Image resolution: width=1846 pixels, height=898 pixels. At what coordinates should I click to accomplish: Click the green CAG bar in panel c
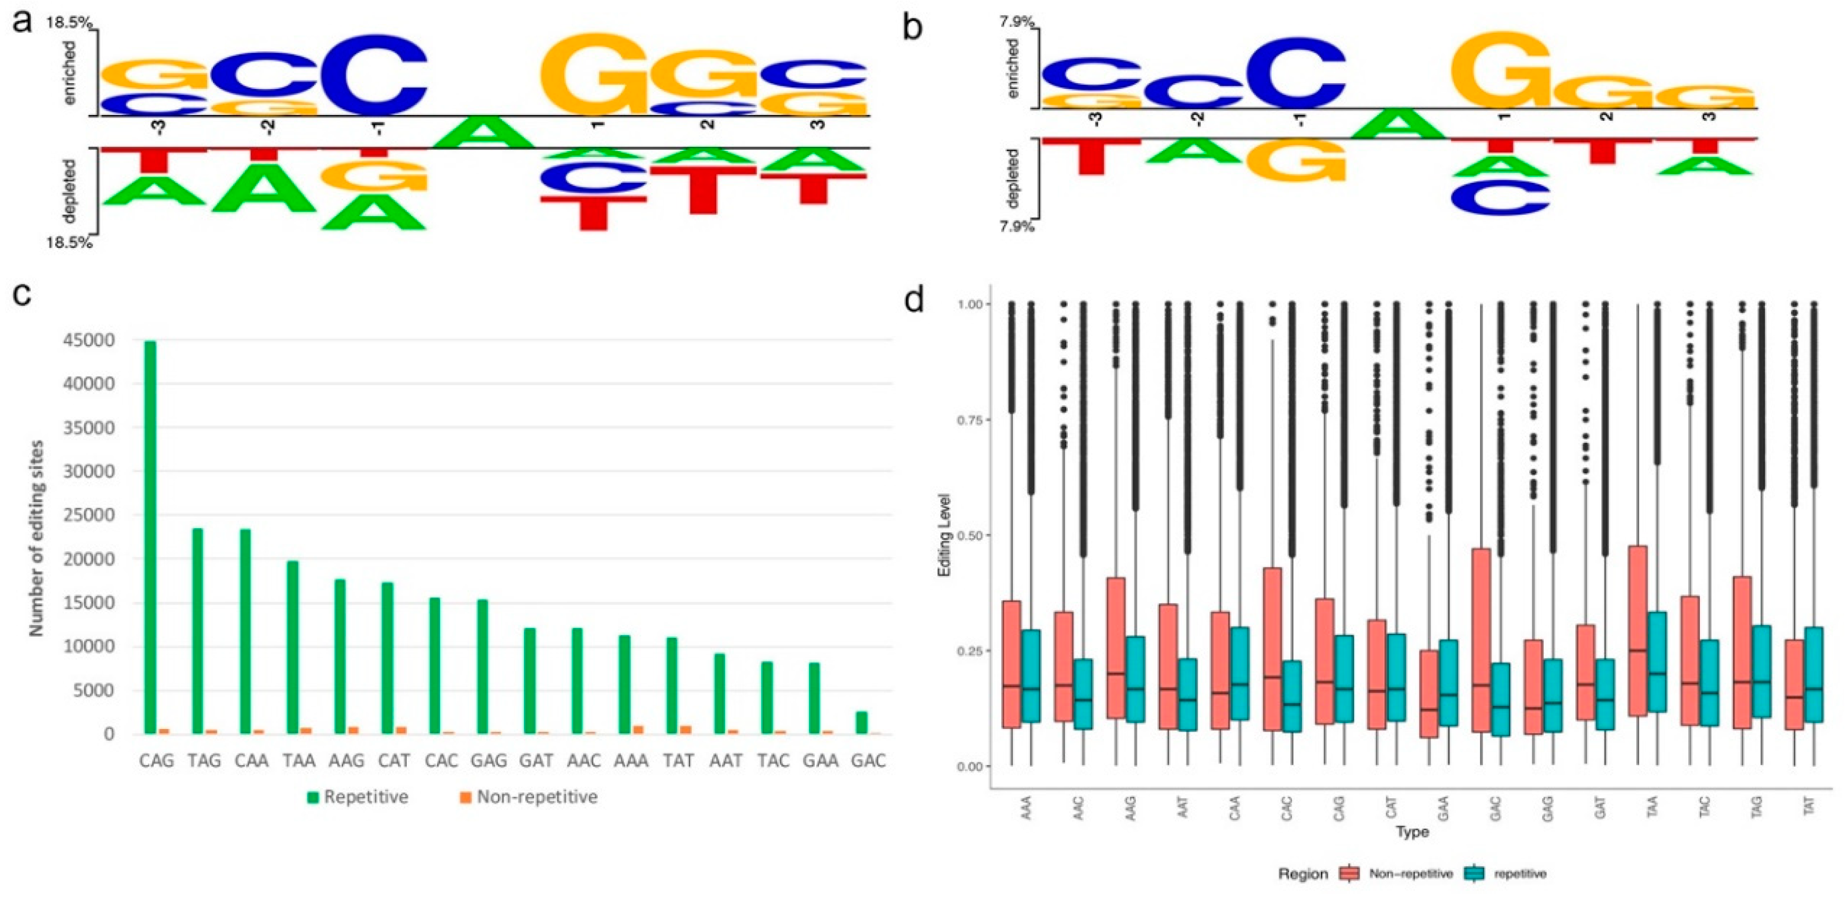point(150,538)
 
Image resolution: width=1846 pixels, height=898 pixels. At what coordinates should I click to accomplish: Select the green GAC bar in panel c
point(861,723)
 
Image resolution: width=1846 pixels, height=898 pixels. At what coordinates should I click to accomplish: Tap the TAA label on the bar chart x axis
point(299,760)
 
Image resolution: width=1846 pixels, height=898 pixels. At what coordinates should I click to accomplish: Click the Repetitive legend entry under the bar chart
point(358,797)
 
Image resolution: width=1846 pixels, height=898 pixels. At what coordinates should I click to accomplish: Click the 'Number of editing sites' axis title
point(36,538)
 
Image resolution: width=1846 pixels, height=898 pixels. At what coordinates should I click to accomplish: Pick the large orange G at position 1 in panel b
point(1501,69)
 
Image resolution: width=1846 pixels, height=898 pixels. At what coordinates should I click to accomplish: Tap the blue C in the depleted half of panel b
point(1501,197)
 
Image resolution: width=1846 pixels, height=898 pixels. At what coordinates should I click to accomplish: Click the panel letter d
point(914,299)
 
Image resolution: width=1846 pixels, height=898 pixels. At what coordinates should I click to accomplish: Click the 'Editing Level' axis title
point(944,535)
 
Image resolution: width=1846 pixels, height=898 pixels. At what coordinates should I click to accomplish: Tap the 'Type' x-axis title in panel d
point(1411,832)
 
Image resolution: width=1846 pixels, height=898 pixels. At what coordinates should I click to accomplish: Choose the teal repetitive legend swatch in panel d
point(1474,874)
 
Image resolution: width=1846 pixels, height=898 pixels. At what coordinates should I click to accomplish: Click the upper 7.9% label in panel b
point(1016,22)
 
